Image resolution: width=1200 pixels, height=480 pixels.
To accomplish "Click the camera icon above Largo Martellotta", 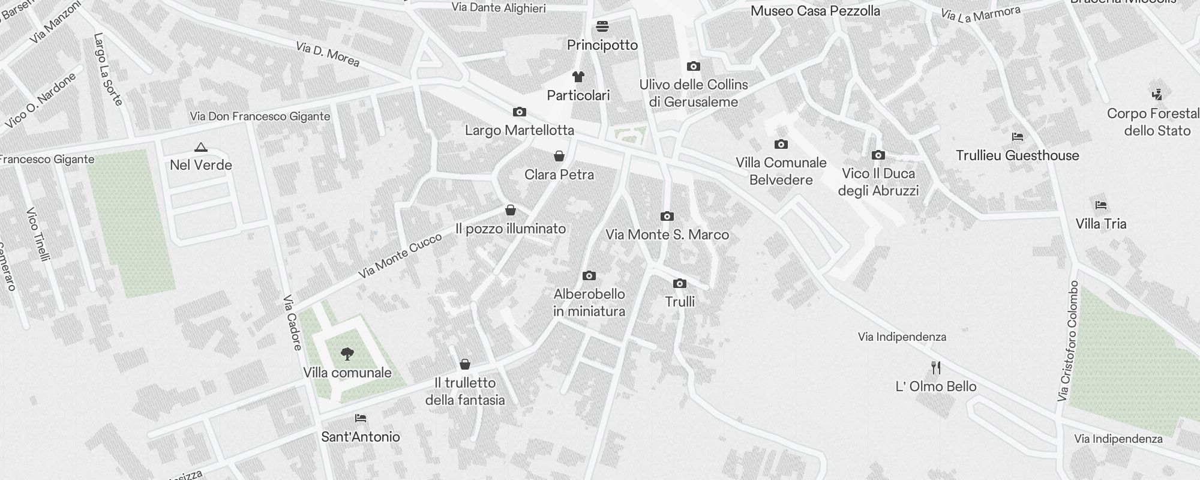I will coord(520,112).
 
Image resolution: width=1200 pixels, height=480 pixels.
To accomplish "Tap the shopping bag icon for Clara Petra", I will coord(559,157).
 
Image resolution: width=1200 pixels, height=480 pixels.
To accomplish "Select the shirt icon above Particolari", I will coord(578,77).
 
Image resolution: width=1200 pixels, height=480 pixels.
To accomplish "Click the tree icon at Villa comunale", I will coord(347,354).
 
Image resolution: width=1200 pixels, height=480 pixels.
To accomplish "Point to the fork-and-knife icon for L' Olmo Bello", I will coord(936,368).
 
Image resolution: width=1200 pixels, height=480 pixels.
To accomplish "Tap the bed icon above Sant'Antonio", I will coord(360,418).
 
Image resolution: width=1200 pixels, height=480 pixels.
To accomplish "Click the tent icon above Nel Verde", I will coord(201,147).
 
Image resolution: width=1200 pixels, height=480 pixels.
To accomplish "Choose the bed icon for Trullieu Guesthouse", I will coord(1018,137).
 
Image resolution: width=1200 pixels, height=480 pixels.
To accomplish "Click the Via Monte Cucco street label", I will coord(400,256).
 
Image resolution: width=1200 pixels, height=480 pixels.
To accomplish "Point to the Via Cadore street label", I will coord(292,322).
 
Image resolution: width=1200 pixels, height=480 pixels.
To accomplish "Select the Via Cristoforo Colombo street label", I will coord(1069,341).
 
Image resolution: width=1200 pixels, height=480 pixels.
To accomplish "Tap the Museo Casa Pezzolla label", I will coord(815,11).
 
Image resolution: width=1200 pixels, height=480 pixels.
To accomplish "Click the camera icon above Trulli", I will coord(680,283).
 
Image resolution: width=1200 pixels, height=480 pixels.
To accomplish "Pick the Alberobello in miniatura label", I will coord(589,302).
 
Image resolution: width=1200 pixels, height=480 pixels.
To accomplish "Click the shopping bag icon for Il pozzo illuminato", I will coord(511,210).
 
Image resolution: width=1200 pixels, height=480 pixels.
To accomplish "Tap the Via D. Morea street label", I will coord(328,54).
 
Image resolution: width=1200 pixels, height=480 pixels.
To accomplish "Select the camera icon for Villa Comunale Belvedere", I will coord(781,145).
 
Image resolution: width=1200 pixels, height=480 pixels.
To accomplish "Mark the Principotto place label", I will coord(602,45).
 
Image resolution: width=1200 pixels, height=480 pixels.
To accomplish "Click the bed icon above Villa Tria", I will coord(1101,205).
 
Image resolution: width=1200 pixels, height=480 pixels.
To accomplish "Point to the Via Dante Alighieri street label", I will coord(499,8).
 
